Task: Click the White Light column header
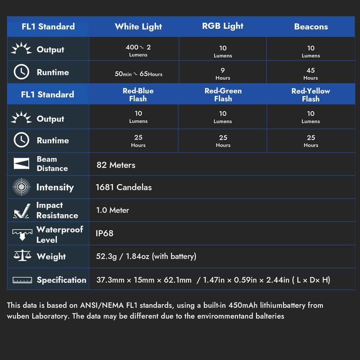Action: pos(138,27)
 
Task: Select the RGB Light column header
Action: pos(223,26)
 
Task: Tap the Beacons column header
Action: pos(311,27)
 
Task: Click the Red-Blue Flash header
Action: pos(138,94)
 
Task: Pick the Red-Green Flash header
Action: pos(223,94)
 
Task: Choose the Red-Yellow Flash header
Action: pos(310,94)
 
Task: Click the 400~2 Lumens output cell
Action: pos(138,50)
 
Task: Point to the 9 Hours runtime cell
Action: pos(223,73)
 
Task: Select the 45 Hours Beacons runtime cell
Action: pos(311,73)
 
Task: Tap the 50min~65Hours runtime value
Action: pos(138,73)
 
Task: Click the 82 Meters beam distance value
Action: pos(116,165)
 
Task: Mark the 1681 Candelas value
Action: pos(124,187)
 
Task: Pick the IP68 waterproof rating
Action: pos(104,233)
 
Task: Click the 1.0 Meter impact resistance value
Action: pos(112,210)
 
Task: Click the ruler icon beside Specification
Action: pos(22,280)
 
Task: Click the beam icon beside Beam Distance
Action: pos(21,164)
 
